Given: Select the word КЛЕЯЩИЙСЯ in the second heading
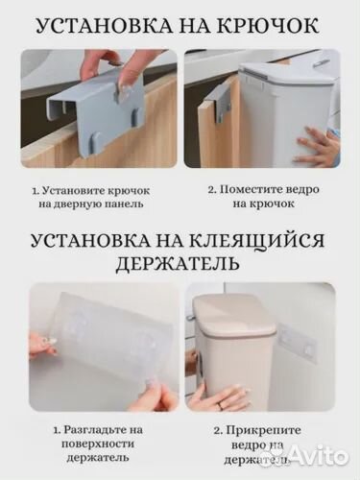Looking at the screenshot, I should click(260, 238).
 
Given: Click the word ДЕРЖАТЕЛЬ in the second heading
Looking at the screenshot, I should click(180, 261).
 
